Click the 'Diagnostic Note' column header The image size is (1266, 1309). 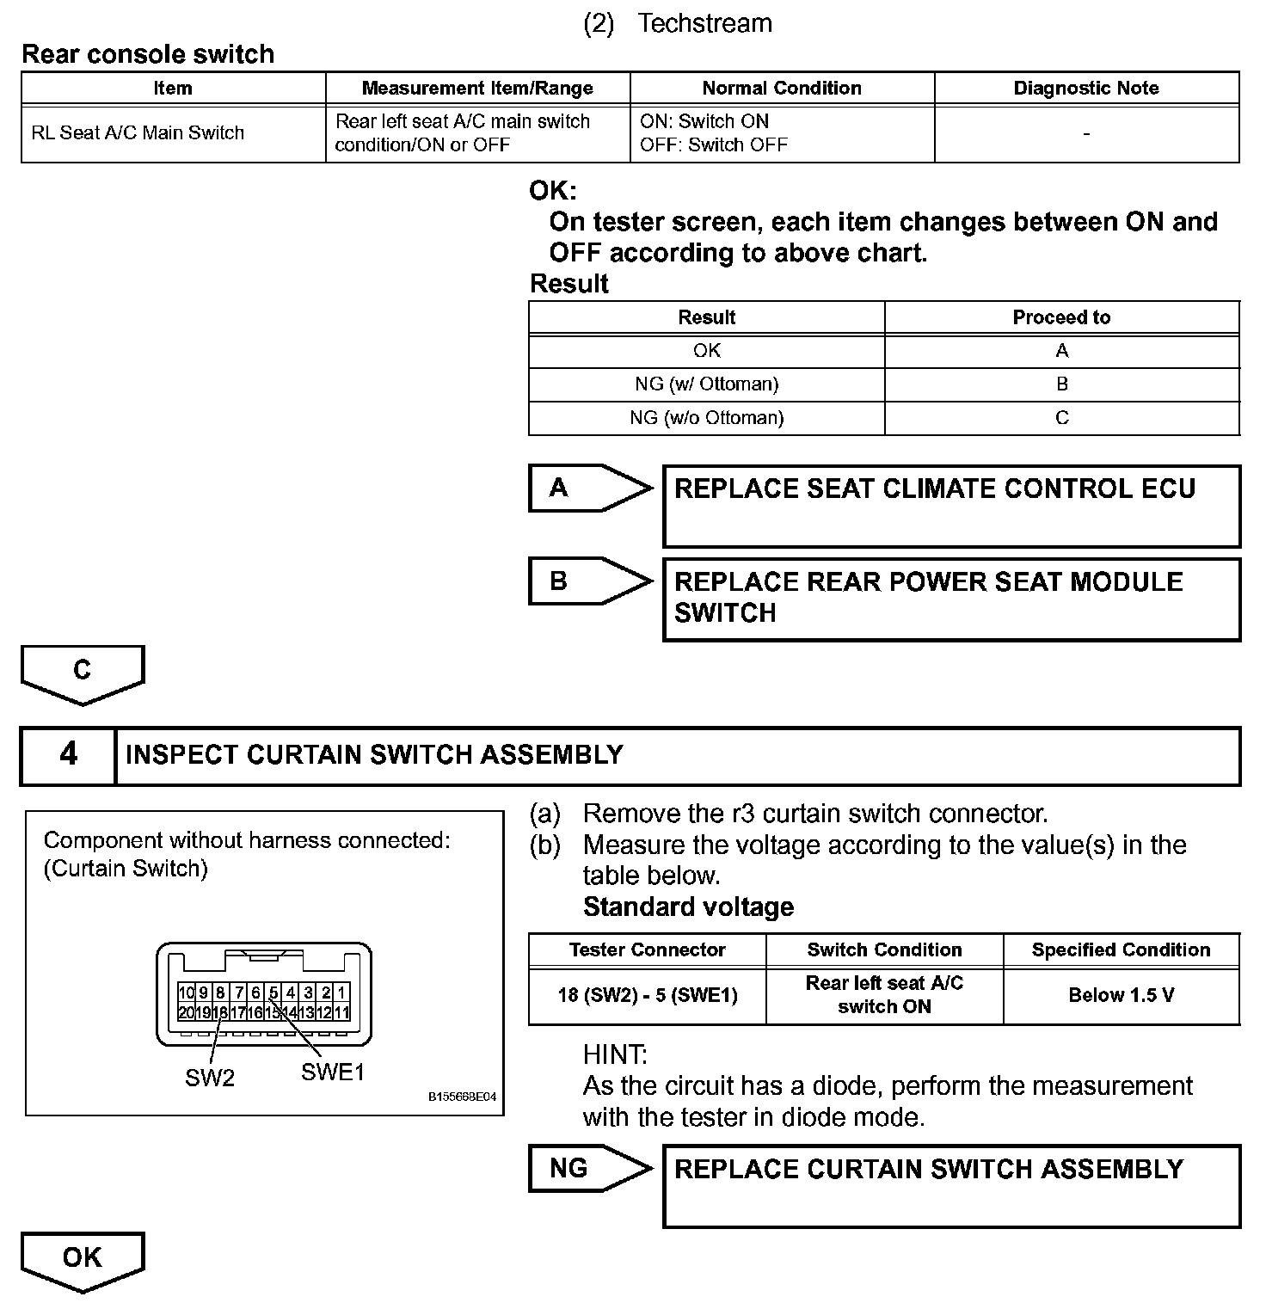(1086, 88)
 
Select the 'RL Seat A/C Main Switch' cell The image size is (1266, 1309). (138, 133)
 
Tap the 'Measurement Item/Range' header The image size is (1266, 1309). (477, 88)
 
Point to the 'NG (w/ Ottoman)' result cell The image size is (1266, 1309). (706, 384)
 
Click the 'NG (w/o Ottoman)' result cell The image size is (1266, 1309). (706, 418)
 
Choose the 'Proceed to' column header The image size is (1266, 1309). (1061, 317)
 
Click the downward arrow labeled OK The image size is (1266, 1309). (83, 1260)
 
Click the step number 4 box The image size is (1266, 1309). (68, 755)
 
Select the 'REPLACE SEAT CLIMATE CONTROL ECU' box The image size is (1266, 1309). (951, 506)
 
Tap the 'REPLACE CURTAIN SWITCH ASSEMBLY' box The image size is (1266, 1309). (951, 1185)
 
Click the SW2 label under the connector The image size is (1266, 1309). (210, 1078)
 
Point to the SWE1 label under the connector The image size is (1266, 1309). (333, 1072)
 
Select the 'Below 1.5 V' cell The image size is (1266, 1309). (1121, 995)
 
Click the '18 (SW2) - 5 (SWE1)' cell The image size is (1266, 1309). (648, 995)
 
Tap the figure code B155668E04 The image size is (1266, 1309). (462, 1097)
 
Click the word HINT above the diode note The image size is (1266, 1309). (615, 1054)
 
